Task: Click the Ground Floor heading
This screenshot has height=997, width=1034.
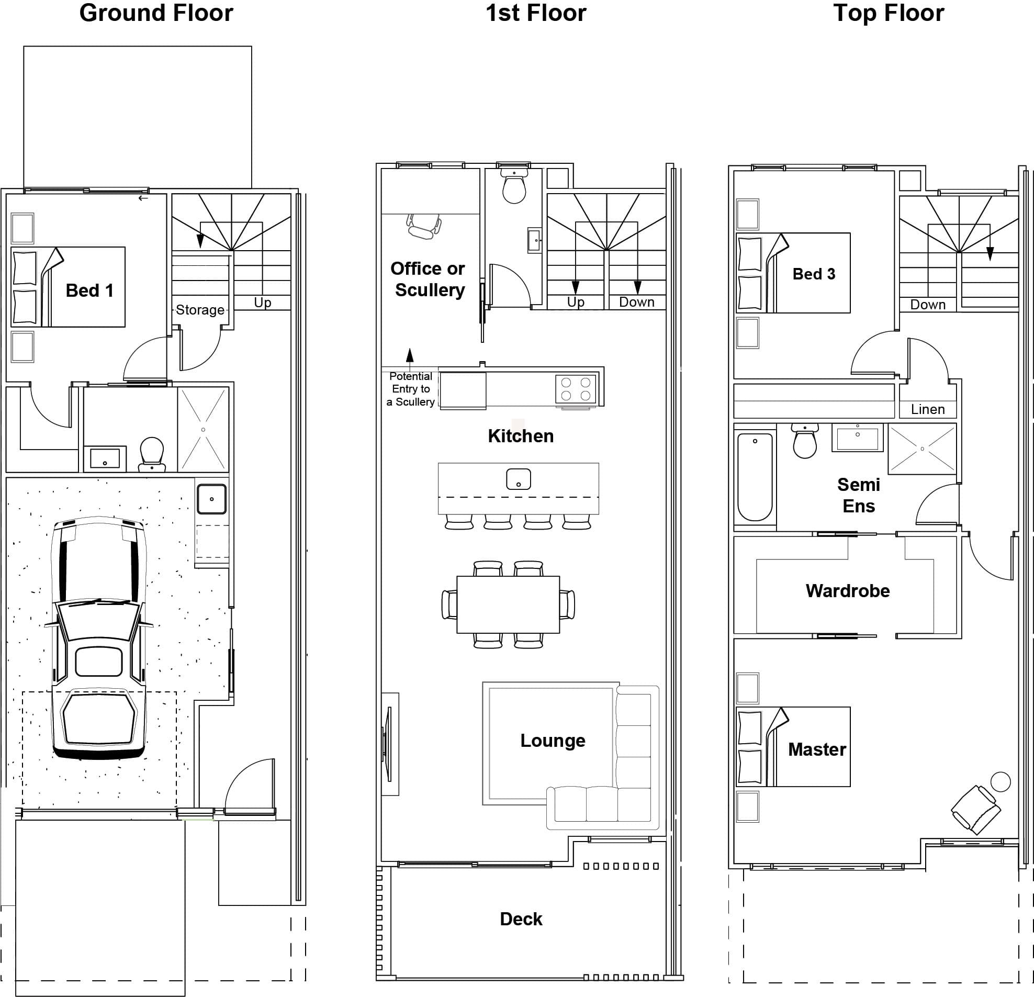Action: [156, 13]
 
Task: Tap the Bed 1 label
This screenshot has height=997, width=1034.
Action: [89, 290]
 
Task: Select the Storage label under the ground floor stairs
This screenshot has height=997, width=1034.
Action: [200, 310]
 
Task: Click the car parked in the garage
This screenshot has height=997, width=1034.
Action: [99, 638]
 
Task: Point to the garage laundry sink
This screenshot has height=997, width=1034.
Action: [212, 498]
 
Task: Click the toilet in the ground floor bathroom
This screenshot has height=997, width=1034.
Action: [152, 453]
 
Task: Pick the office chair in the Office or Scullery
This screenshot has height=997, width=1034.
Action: [423, 226]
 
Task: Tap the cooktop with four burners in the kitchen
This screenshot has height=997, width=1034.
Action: [576, 389]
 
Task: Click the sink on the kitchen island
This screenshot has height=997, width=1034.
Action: [518, 479]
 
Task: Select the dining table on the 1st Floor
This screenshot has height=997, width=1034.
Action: [508, 604]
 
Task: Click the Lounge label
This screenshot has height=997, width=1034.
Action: [553, 740]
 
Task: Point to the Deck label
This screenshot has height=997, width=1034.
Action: [521, 919]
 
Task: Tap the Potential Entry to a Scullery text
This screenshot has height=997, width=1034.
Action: [410, 389]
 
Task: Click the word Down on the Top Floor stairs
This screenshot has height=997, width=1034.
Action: [927, 305]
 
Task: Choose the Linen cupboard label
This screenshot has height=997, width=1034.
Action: [927, 409]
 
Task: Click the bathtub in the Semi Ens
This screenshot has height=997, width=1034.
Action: [755, 476]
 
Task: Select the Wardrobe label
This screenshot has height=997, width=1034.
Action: [847, 591]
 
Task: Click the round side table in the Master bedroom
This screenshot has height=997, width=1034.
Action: [1000, 782]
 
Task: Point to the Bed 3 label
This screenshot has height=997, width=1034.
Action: [814, 274]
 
